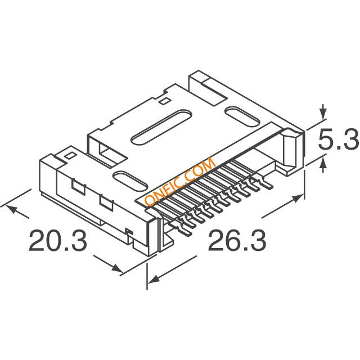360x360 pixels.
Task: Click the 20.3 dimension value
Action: (58, 240)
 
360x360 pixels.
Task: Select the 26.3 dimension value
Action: (237, 240)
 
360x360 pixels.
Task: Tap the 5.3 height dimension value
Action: (339, 139)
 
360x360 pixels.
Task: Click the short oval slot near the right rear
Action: (242, 116)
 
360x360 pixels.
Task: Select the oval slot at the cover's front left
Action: (130, 181)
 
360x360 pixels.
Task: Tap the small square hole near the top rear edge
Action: (164, 101)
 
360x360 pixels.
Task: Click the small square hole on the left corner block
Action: (70, 155)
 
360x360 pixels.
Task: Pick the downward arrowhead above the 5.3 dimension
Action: (323, 113)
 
